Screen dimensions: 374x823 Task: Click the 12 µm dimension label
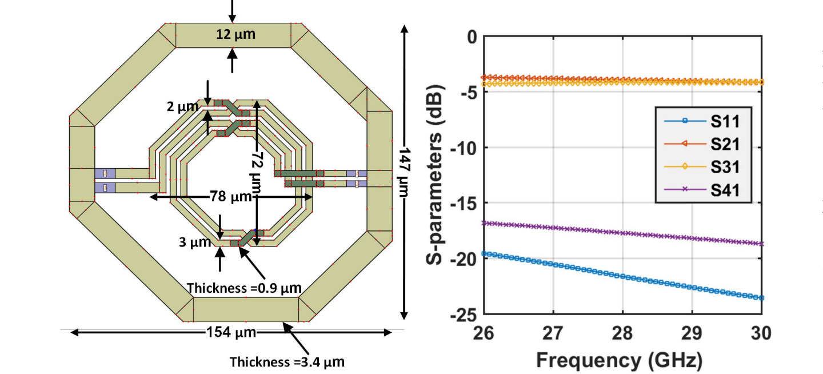(235, 35)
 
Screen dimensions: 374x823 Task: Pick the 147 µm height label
(405, 172)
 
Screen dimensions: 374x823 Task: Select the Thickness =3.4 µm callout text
(287, 361)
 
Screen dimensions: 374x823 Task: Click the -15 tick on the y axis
(464, 203)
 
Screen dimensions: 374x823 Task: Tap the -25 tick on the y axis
(464, 314)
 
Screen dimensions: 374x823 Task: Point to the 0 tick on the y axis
(472, 37)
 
